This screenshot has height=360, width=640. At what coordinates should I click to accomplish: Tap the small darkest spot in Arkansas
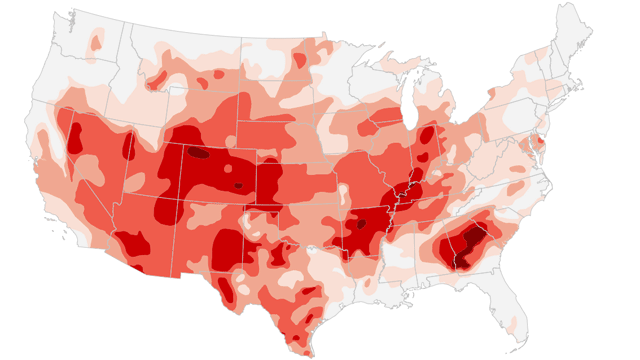point(361,224)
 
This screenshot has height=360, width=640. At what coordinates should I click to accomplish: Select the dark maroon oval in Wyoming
point(200,154)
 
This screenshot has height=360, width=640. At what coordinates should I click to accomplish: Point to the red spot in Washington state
point(96,42)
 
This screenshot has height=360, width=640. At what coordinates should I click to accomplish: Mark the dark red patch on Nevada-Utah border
point(127,146)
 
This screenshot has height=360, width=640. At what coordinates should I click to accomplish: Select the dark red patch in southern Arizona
point(132,243)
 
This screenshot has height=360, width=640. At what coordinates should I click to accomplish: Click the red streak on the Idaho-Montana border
point(159,77)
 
